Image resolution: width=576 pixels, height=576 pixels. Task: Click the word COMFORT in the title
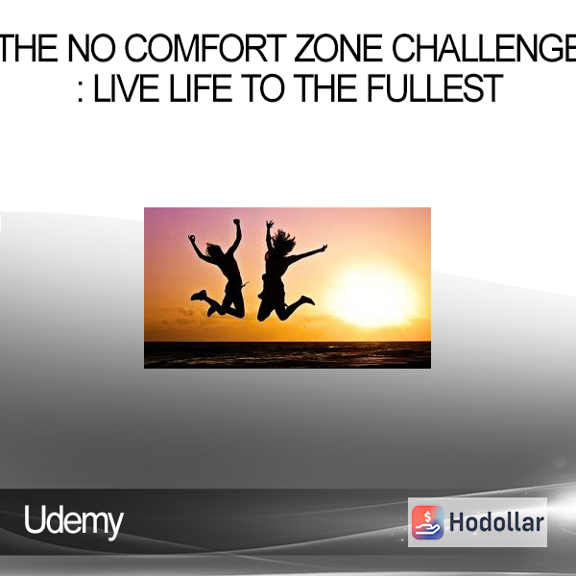(205, 48)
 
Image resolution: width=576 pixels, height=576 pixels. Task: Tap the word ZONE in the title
(339, 48)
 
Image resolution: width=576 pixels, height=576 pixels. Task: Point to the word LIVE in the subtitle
(127, 88)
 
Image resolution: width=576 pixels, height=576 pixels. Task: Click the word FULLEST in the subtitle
(435, 88)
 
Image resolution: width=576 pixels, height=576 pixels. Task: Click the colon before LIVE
(81, 92)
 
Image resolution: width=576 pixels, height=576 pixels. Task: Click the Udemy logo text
(74, 521)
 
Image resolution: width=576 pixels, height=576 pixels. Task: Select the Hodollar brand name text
(496, 522)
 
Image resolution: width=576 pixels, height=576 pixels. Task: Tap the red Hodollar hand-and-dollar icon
(427, 522)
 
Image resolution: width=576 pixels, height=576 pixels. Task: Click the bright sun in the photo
(371, 295)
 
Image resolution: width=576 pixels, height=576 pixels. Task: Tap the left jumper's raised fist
(237, 222)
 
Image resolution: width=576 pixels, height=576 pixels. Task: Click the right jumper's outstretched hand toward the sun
(324, 248)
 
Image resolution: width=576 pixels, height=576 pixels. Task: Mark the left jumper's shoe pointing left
(199, 295)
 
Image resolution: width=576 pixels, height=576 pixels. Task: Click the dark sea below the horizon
(287, 355)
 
